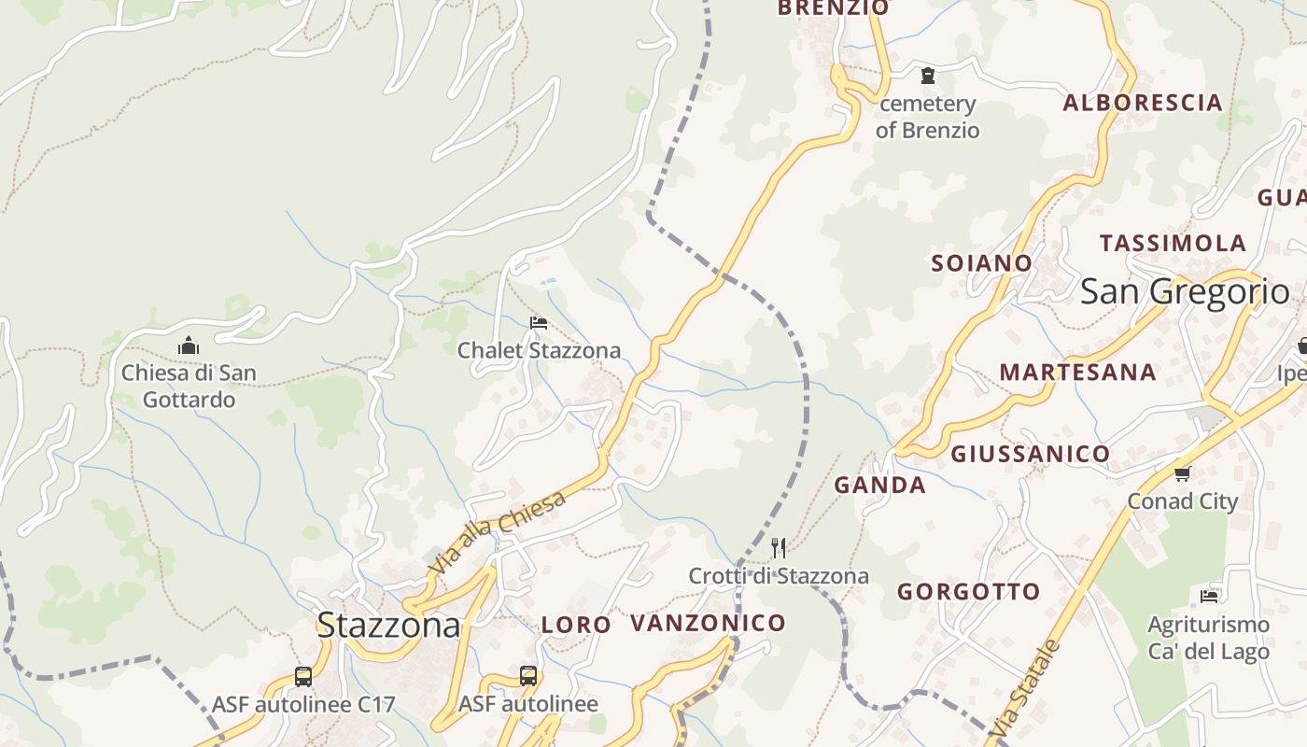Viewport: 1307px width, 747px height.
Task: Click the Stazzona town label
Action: tap(388, 625)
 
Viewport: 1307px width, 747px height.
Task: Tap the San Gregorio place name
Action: tap(1185, 291)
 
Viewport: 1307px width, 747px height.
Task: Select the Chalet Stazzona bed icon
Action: tap(539, 323)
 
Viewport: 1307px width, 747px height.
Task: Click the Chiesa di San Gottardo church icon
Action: tap(189, 346)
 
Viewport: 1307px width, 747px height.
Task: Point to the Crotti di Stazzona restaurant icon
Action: tap(779, 547)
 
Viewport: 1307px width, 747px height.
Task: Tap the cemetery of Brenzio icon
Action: tap(928, 75)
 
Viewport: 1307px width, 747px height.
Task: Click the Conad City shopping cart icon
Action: tap(1183, 473)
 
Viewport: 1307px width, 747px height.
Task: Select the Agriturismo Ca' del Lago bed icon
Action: tap(1209, 596)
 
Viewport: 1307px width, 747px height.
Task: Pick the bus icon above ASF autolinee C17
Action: tap(303, 677)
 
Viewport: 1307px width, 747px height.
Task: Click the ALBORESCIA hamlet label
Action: tap(1143, 103)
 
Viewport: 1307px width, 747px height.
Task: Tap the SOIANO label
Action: tap(981, 263)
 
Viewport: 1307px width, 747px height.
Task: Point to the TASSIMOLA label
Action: tap(1173, 244)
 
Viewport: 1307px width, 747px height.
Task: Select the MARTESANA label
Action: tap(1077, 372)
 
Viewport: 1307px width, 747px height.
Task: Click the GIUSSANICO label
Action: tap(1031, 455)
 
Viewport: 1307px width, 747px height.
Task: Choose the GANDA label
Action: tap(879, 485)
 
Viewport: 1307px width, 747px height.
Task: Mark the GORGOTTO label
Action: tap(968, 591)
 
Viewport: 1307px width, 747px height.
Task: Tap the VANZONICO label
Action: tap(708, 623)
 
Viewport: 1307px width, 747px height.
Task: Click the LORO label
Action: tap(576, 625)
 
